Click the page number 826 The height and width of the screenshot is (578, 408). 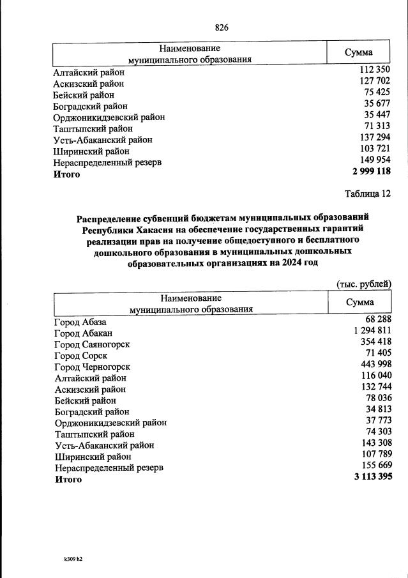(x=222, y=27)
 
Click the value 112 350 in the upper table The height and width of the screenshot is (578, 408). (x=375, y=70)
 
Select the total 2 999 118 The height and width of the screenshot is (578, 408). (x=370, y=171)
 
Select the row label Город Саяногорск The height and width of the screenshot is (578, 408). (x=92, y=345)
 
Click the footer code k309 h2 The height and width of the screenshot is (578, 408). (x=73, y=559)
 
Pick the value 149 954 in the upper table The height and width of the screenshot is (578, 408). (x=375, y=160)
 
